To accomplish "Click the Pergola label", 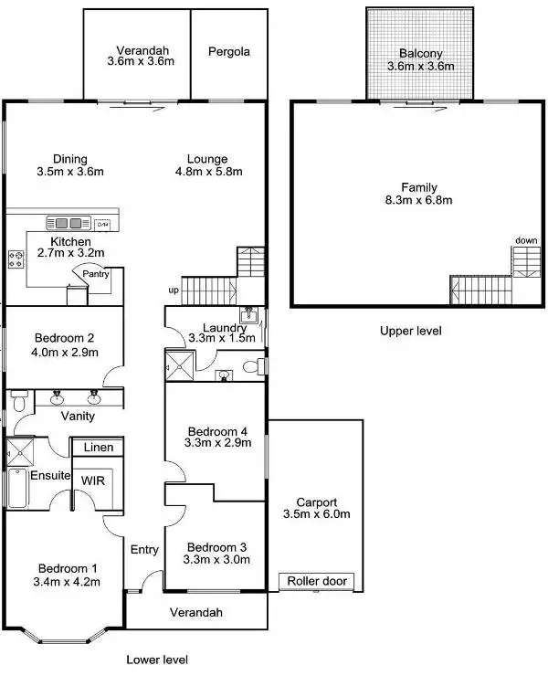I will point(228,52).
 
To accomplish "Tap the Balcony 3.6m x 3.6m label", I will point(420,59).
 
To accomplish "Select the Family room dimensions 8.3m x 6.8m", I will point(420,199).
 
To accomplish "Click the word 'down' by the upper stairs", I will point(526,240).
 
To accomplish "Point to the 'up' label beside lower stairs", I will point(174,290).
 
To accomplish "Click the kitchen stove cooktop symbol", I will point(16,259).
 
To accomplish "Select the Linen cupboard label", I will point(99,448).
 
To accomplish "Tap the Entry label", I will point(144,549).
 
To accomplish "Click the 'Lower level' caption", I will point(156,659).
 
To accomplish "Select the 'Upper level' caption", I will point(411,331).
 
